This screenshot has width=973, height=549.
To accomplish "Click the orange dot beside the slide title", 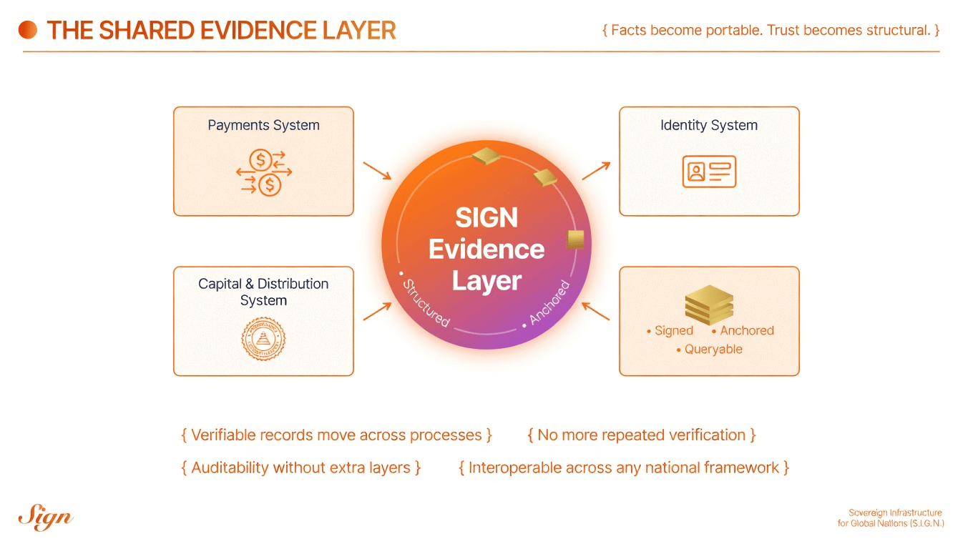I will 27,30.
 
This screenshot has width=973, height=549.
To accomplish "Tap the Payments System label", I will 263,125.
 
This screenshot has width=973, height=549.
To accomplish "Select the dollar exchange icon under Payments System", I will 263,172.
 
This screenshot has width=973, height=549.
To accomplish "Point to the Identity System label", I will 708,125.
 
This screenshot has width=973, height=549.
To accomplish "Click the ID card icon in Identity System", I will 709,172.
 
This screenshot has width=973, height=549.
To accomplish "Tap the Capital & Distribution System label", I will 263,292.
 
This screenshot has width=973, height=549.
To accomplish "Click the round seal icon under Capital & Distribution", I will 263,339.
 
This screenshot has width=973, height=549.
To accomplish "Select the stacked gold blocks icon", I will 709,305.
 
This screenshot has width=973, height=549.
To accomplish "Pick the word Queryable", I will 713,349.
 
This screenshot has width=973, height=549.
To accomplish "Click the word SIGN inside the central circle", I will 486,218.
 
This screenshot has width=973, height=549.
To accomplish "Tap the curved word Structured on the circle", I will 426,303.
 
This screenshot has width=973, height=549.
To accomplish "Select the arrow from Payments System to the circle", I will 377,171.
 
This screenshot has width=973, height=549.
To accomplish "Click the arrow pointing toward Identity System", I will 596,171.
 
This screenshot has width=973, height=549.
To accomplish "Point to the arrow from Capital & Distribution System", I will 377,312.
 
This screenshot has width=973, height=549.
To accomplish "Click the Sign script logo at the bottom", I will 45,517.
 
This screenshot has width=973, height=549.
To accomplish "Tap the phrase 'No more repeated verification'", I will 641,435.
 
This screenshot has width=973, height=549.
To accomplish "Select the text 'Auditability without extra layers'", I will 300,468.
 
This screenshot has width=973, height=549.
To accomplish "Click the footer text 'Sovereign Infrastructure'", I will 895,513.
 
